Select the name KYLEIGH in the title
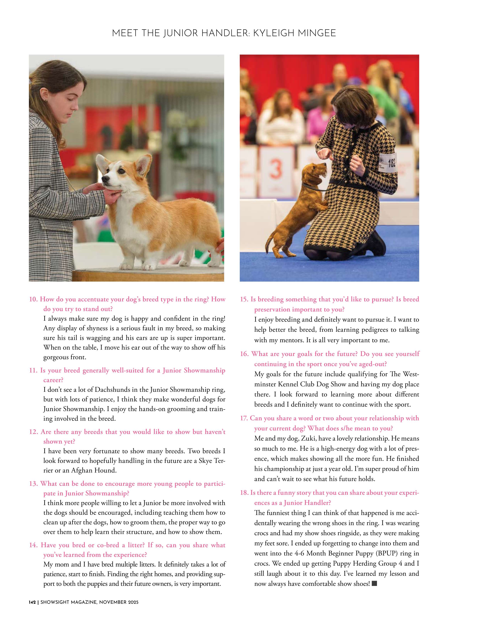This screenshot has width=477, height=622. tap(273, 33)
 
